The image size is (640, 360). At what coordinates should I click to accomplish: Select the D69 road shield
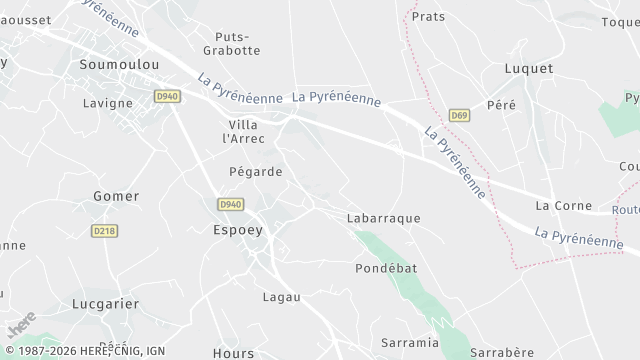coord(459,116)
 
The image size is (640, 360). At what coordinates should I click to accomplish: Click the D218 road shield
coord(103,230)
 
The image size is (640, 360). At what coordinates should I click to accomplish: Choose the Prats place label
coord(428,17)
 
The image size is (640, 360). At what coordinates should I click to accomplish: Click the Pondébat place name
coord(385,269)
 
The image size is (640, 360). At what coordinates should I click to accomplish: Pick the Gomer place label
coord(116,196)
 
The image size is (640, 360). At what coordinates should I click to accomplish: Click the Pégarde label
coord(256,172)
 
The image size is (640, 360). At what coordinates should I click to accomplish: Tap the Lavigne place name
coord(108,103)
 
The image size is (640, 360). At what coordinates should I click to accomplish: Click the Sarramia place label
coord(410,343)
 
